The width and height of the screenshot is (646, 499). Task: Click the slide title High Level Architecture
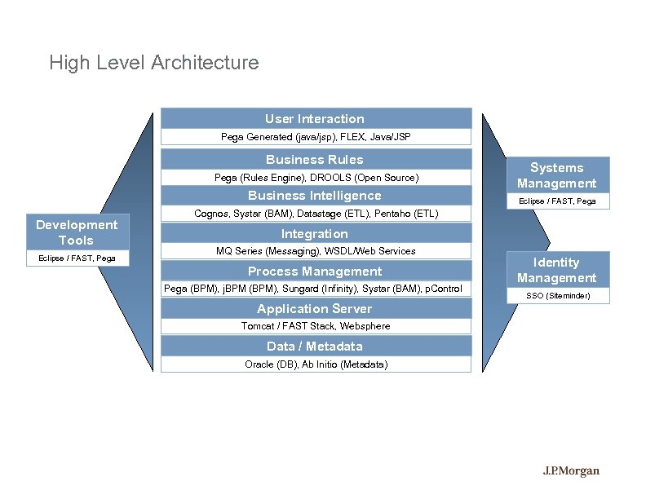pyautogui.click(x=153, y=63)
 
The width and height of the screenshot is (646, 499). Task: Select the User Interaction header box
pyautogui.click(x=315, y=119)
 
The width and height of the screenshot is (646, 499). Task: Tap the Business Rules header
pyautogui.click(x=315, y=159)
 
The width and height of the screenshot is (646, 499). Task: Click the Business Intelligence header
pyautogui.click(x=315, y=196)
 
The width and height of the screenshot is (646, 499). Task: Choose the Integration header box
pyautogui.click(x=315, y=234)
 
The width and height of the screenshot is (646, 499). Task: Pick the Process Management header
pyautogui.click(x=315, y=272)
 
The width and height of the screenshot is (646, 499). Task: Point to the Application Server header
pyautogui.click(x=315, y=309)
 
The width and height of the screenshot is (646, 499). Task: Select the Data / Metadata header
pyautogui.click(x=315, y=347)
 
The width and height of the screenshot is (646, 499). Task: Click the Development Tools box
pyautogui.click(x=77, y=232)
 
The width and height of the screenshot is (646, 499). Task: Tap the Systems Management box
pyautogui.click(x=557, y=175)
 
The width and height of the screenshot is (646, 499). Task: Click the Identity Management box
pyautogui.click(x=557, y=270)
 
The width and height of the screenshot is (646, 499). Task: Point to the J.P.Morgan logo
pyautogui.click(x=572, y=470)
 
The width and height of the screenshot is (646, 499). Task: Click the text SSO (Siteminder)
pyautogui.click(x=557, y=296)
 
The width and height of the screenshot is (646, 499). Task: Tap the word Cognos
pyautogui.click(x=211, y=214)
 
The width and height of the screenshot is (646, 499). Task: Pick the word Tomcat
pyautogui.click(x=259, y=326)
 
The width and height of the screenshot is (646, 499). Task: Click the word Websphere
pyautogui.click(x=365, y=326)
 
